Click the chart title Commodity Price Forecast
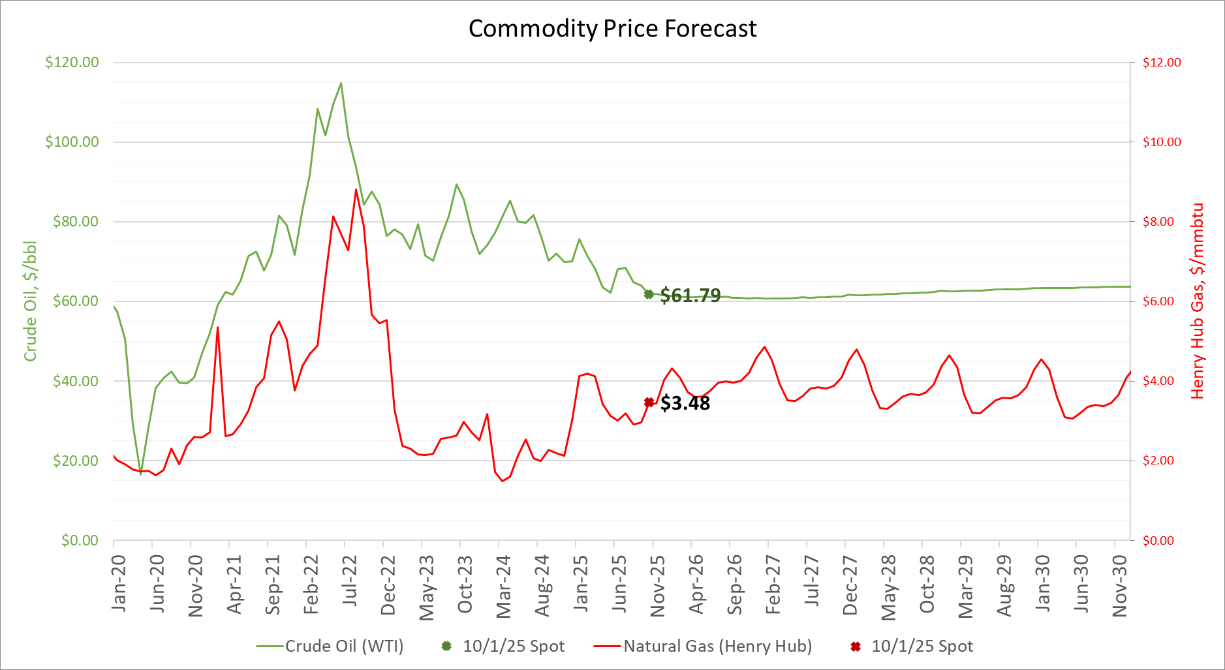tap(612, 29)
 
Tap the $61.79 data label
tap(690, 296)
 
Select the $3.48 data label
tap(685, 403)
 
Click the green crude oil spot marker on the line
tap(649, 294)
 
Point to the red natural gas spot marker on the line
tap(649, 403)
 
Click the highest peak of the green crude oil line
tap(341, 84)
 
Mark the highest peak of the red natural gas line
tap(356, 190)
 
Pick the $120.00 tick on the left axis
tap(72, 63)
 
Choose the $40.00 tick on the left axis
tap(76, 381)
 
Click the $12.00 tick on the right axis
tap(1162, 63)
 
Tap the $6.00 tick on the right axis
tap(1162, 301)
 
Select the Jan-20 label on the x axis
tap(119, 583)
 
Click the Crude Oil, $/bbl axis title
tap(30, 301)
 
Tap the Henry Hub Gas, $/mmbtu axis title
tap(1197, 301)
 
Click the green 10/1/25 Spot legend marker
tap(446, 646)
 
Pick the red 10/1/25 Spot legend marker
tap(856, 646)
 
